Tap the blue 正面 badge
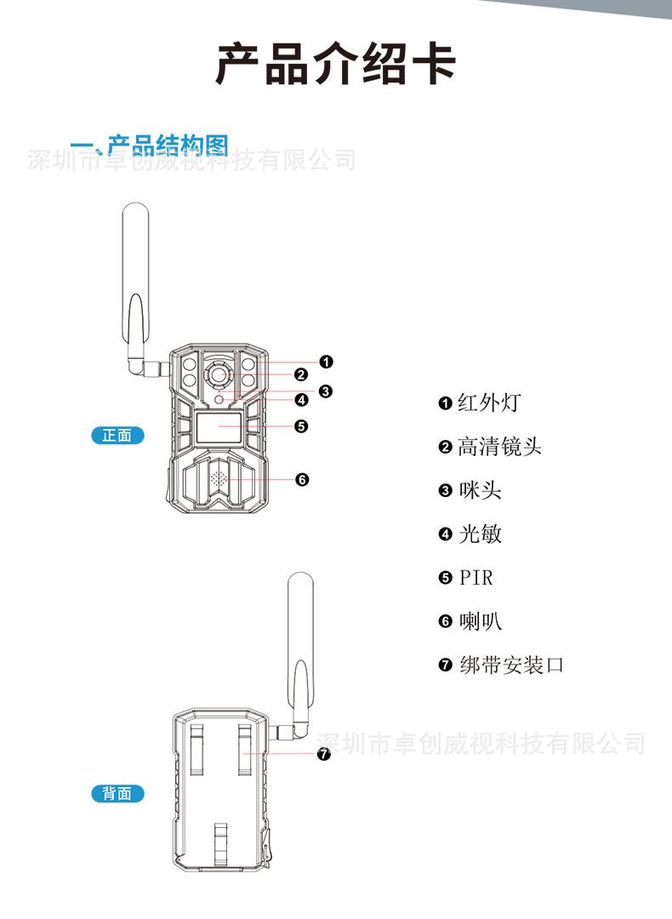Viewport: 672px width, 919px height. (x=117, y=436)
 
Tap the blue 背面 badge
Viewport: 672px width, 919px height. (x=117, y=793)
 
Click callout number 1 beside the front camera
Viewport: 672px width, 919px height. (x=326, y=362)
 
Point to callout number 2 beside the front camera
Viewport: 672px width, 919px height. (x=300, y=374)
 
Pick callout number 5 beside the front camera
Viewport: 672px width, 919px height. (x=300, y=426)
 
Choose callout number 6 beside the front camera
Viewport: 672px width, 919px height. (x=302, y=480)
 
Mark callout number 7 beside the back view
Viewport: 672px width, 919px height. (x=323, y=754)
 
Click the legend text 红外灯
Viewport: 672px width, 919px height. (x=487, y=402)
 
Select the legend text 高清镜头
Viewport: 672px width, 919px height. (x=498, y=447)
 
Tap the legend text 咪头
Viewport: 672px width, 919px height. (x=480, y=491)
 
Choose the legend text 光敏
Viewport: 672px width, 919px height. (x=480, y=534)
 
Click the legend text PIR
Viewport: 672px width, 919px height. (x=476, y=579)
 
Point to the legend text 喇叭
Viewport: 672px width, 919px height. (x=480, y=622)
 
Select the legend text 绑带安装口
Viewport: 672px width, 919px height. (x=510, y=665)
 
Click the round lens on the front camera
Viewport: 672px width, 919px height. (x=219, y=374)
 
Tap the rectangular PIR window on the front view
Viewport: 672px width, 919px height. (x=219, y=427)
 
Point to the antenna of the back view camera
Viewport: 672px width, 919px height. (x=300, y=647)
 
